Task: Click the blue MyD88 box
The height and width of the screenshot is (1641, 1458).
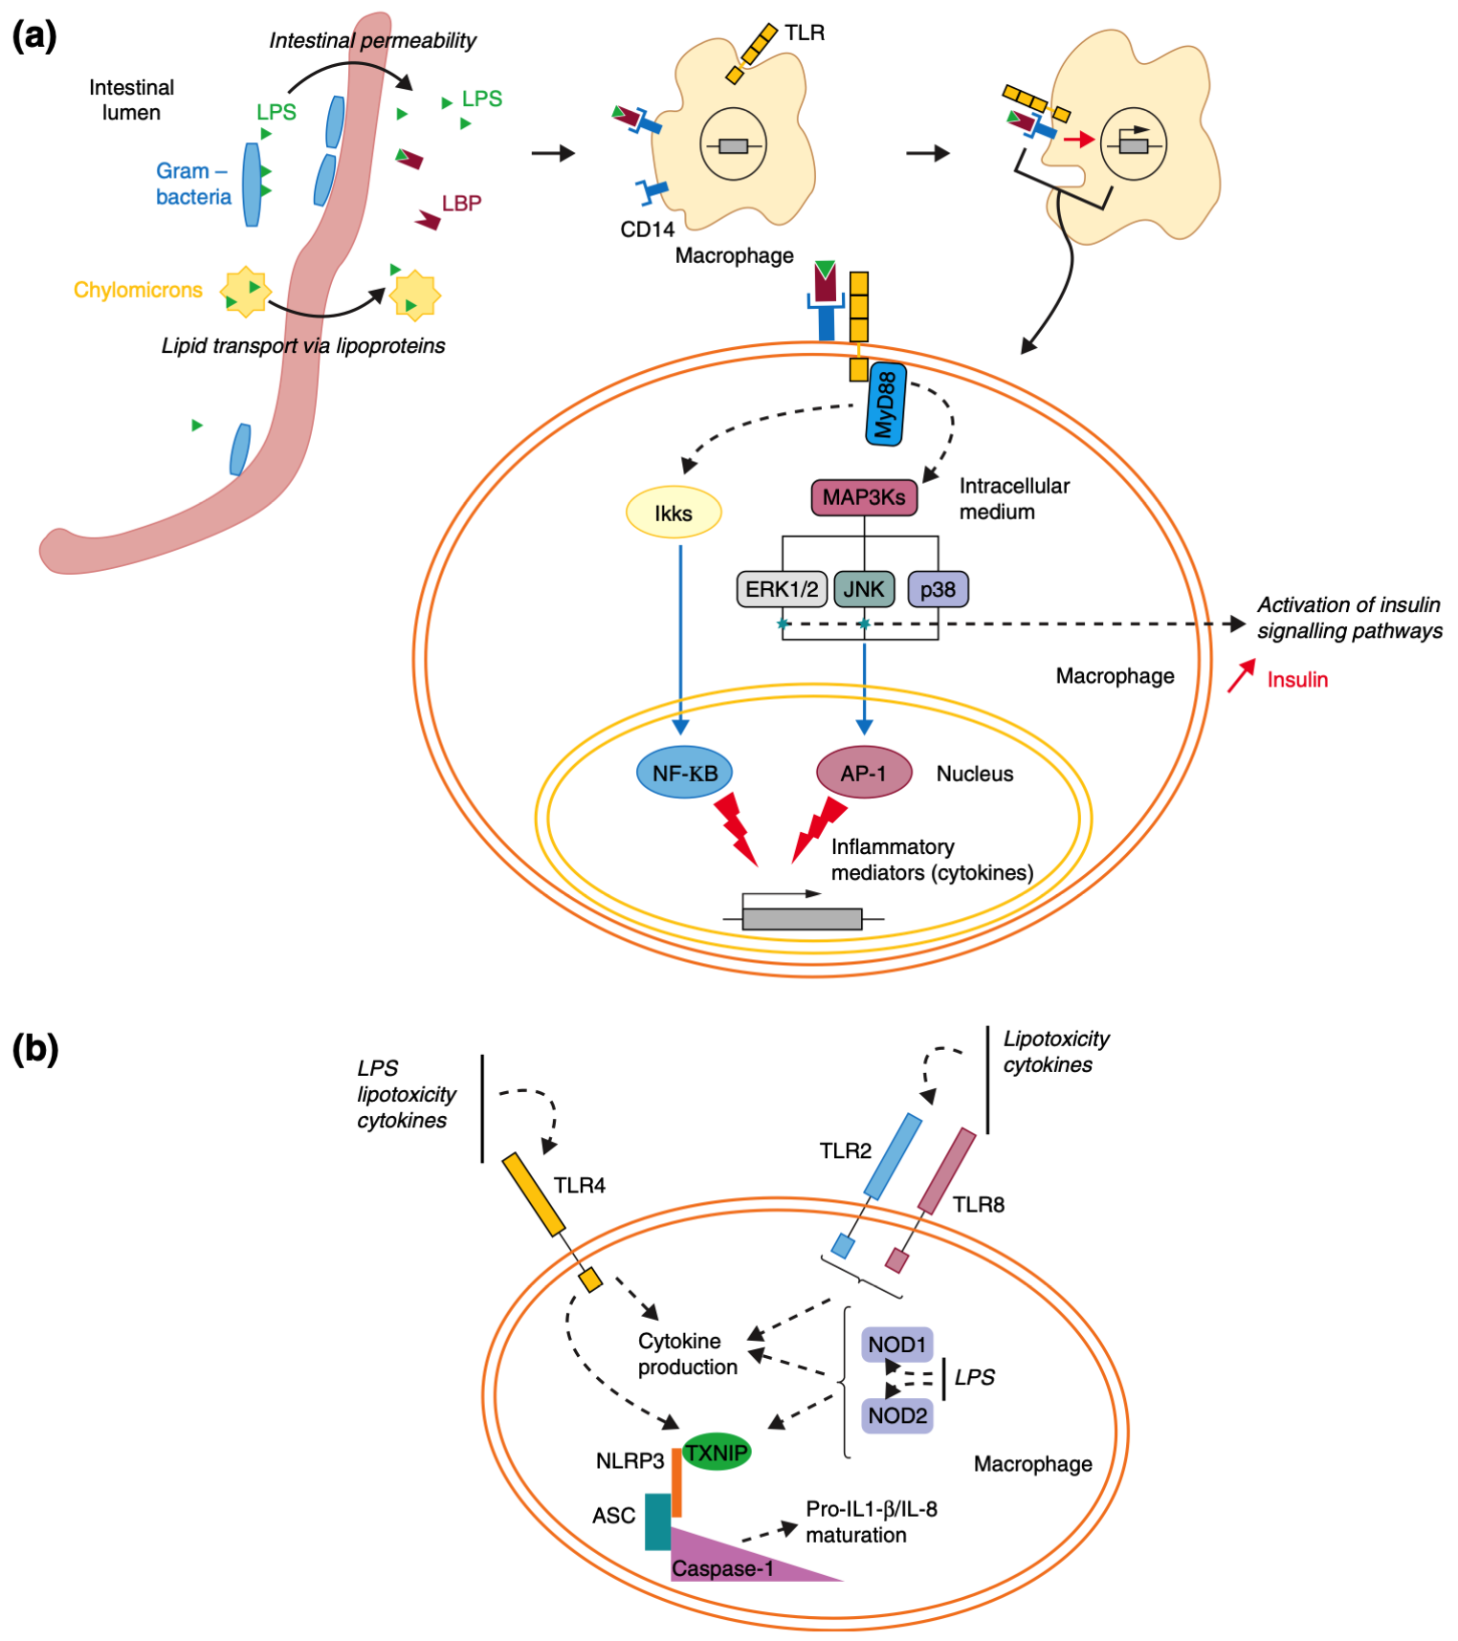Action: point(886,406)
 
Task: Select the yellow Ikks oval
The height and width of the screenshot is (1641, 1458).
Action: point(674,514)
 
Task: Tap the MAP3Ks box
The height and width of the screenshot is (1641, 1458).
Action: point(864,497)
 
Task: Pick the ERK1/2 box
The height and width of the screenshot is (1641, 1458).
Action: point(782,589)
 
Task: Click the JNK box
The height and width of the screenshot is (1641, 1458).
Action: point(864,589)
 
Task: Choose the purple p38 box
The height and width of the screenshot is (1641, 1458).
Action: point(938,589)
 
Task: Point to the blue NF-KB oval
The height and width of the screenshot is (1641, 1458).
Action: point(685,773)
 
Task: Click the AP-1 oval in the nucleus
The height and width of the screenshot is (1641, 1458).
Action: point(863,773)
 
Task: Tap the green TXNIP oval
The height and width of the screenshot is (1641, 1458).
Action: point(717,1453)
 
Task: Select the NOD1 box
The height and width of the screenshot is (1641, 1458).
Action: point(896,1345)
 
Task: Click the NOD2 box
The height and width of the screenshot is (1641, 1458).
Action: point(897,1415)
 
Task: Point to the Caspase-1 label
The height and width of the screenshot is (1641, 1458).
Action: point(722,1568)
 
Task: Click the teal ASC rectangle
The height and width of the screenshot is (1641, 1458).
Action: point(657,1521)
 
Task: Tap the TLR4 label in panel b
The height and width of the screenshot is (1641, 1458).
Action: point(580,1186)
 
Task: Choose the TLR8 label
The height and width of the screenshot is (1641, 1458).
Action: point(979,1205)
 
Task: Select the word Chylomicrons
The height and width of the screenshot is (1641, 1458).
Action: point(138,290)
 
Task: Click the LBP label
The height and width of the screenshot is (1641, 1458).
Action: point(461,203)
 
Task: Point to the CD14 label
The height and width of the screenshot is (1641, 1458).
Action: point(647,230)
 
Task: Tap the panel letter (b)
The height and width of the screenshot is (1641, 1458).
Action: point(35,1049)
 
